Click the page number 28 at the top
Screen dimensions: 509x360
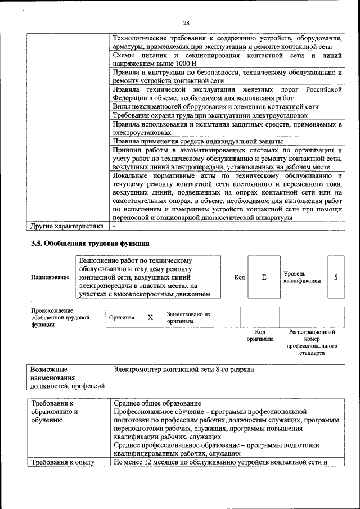pyautogui.click(x=186, y=22)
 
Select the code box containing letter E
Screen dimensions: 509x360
pyautogui.click(x=264, y=278)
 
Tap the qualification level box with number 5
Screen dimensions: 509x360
pyautogui.click(x=336, y=277)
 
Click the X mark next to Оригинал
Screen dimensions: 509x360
pyautogui.click(x=150, y=317)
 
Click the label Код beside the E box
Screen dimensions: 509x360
pyautogui.click(x=240, y=278)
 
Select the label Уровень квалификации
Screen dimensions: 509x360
pyautogui.click(x=302, y=277)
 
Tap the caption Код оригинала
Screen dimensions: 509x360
pyautogui.click(x=260, y=336)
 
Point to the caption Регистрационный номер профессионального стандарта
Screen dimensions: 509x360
pyautogui.click(x=311, y=343)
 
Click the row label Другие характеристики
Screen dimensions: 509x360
pyautogui.click(x=67, y=227)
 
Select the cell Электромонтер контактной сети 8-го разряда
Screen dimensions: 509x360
pyautogui.click(x=183, y=370)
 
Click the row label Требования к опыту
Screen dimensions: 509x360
pyautogui.click(x=62, y=463)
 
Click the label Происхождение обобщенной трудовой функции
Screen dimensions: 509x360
pyautogui.click(x=60, y=318)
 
